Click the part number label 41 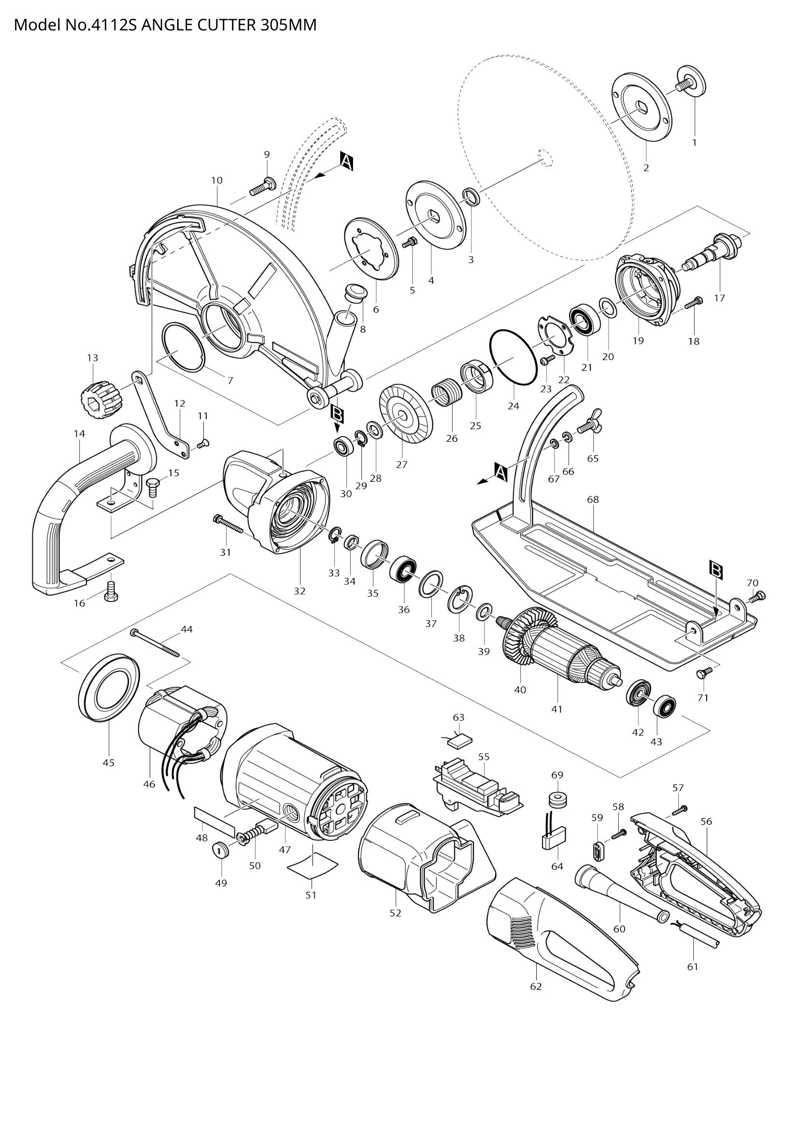(x=556, y=710)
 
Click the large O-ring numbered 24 (x=512, y=358)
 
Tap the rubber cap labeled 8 (x=356, y=292)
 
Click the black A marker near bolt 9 (x=347, y=161)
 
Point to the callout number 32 (x=300, y=591)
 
